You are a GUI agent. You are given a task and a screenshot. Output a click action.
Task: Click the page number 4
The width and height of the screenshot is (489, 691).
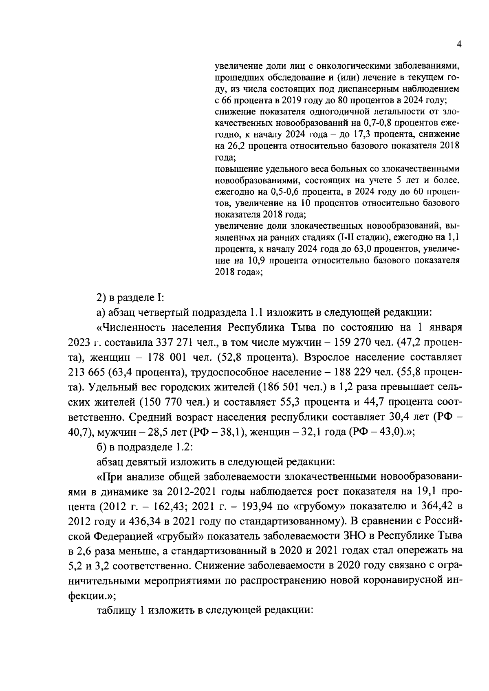pyautogui.click(x=459, y=44)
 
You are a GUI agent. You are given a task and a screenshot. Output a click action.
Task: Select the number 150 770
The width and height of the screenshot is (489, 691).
pyautogui.click(x=163, y=402)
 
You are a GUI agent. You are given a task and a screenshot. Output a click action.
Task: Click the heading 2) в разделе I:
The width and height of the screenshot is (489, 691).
pyautogui.click(x=130, y=298)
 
